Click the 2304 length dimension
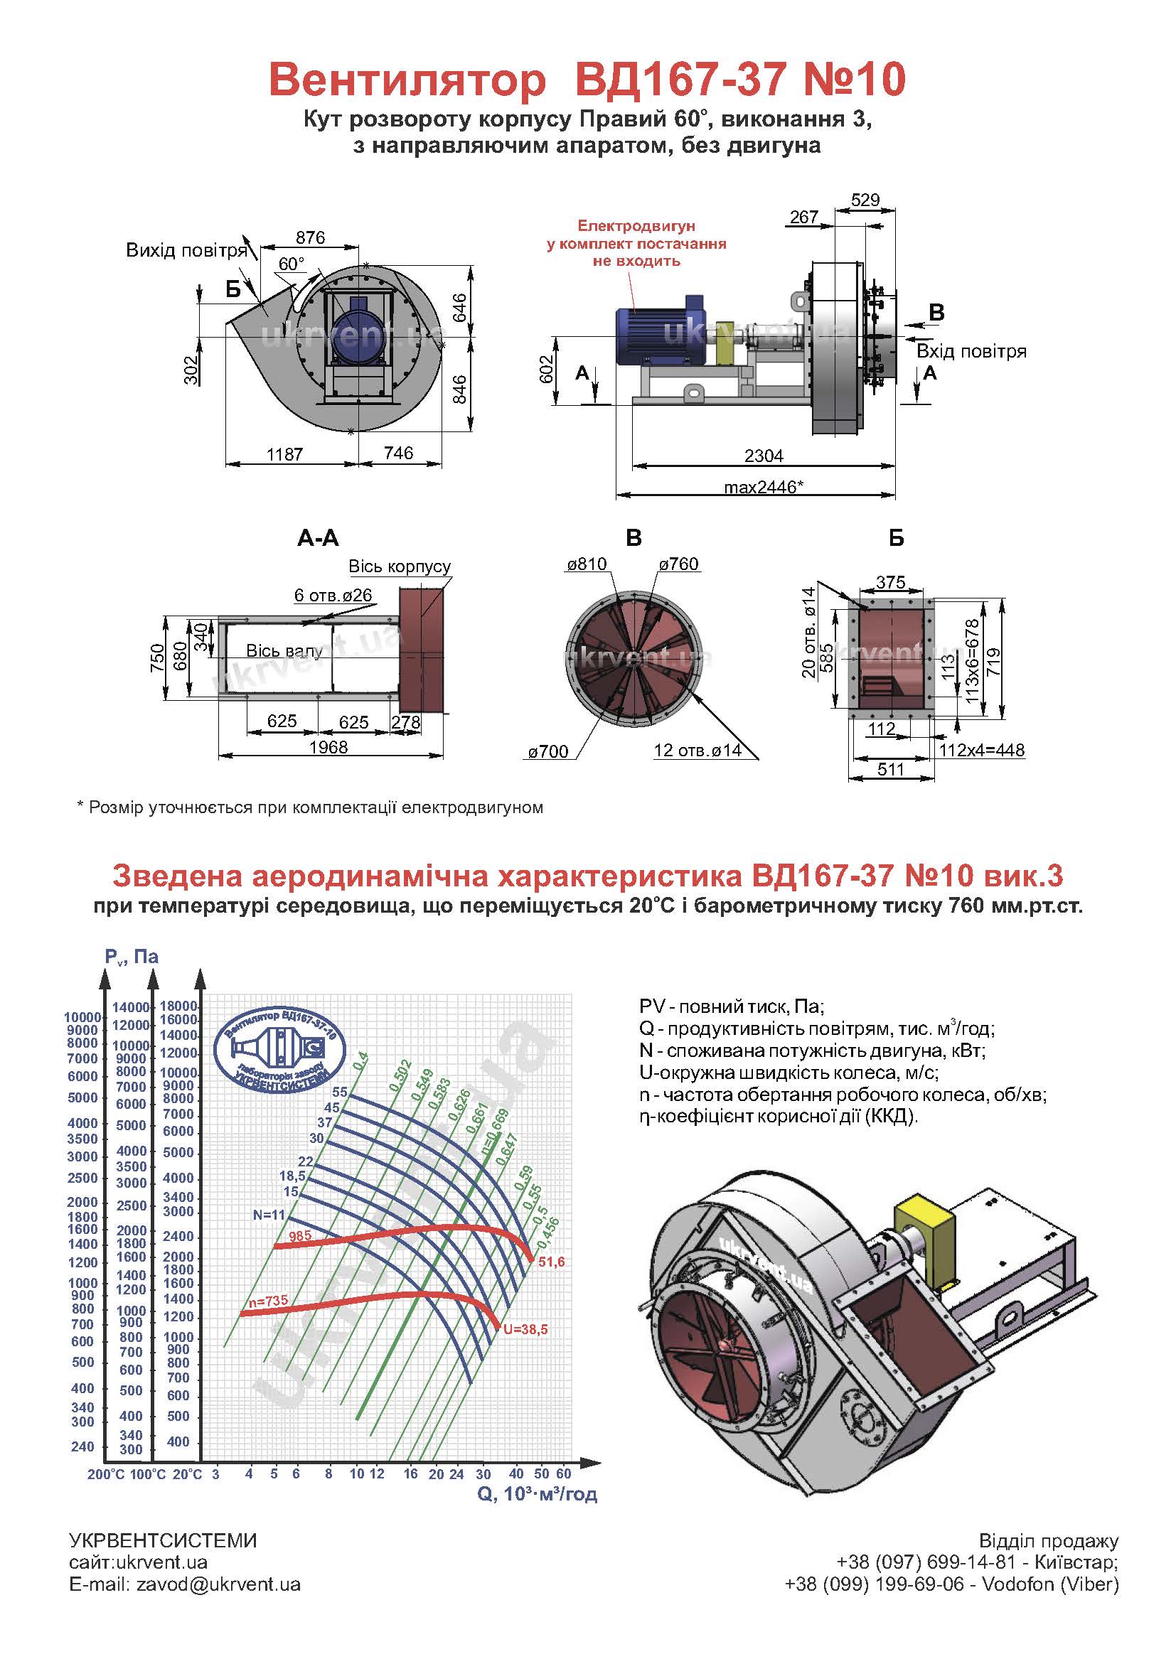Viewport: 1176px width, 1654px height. coord(763,456)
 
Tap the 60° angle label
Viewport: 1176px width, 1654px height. coord(292,264)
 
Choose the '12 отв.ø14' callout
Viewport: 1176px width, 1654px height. coord(697,750)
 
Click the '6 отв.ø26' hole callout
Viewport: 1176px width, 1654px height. coord(333,595)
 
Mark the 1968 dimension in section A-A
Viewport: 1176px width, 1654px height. coord(328,747)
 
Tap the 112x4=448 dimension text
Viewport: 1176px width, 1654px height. coord(982,750)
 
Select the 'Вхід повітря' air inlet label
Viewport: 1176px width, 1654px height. coord(972,352)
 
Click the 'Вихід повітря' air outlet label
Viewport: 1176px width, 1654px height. coord(187,250)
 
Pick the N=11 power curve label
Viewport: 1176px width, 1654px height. coord(269,1215)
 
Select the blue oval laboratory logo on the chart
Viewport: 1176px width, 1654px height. coord(280,1050)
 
